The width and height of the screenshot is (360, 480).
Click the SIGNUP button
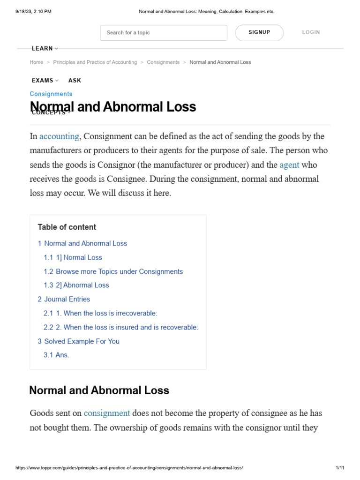click(259, 32)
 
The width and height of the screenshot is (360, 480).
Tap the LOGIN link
click(311, 32)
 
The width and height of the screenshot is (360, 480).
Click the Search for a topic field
click(163, 33)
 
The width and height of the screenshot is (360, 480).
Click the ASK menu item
click(75, 80)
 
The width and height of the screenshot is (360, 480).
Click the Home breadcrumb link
click(36, 62)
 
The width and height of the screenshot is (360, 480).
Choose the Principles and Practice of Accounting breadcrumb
click(95, 62)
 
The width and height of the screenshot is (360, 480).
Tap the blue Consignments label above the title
click(51, 94)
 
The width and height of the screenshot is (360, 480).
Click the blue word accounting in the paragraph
click(59, 136)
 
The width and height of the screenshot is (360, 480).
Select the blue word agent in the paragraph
click(289, 165)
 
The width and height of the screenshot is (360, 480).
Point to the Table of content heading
click(67, 227)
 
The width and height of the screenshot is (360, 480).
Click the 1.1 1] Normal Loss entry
click(73, 257)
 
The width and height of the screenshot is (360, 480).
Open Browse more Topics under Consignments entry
click(113, 271)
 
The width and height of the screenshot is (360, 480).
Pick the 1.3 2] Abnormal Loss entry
click(76, 285)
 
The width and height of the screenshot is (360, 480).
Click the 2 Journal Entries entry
click(64, 299)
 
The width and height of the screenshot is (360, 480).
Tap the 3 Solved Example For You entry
click(78, 341)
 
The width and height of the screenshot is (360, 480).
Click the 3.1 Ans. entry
click(56, 355)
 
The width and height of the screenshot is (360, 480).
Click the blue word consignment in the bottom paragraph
click(106, 413)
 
